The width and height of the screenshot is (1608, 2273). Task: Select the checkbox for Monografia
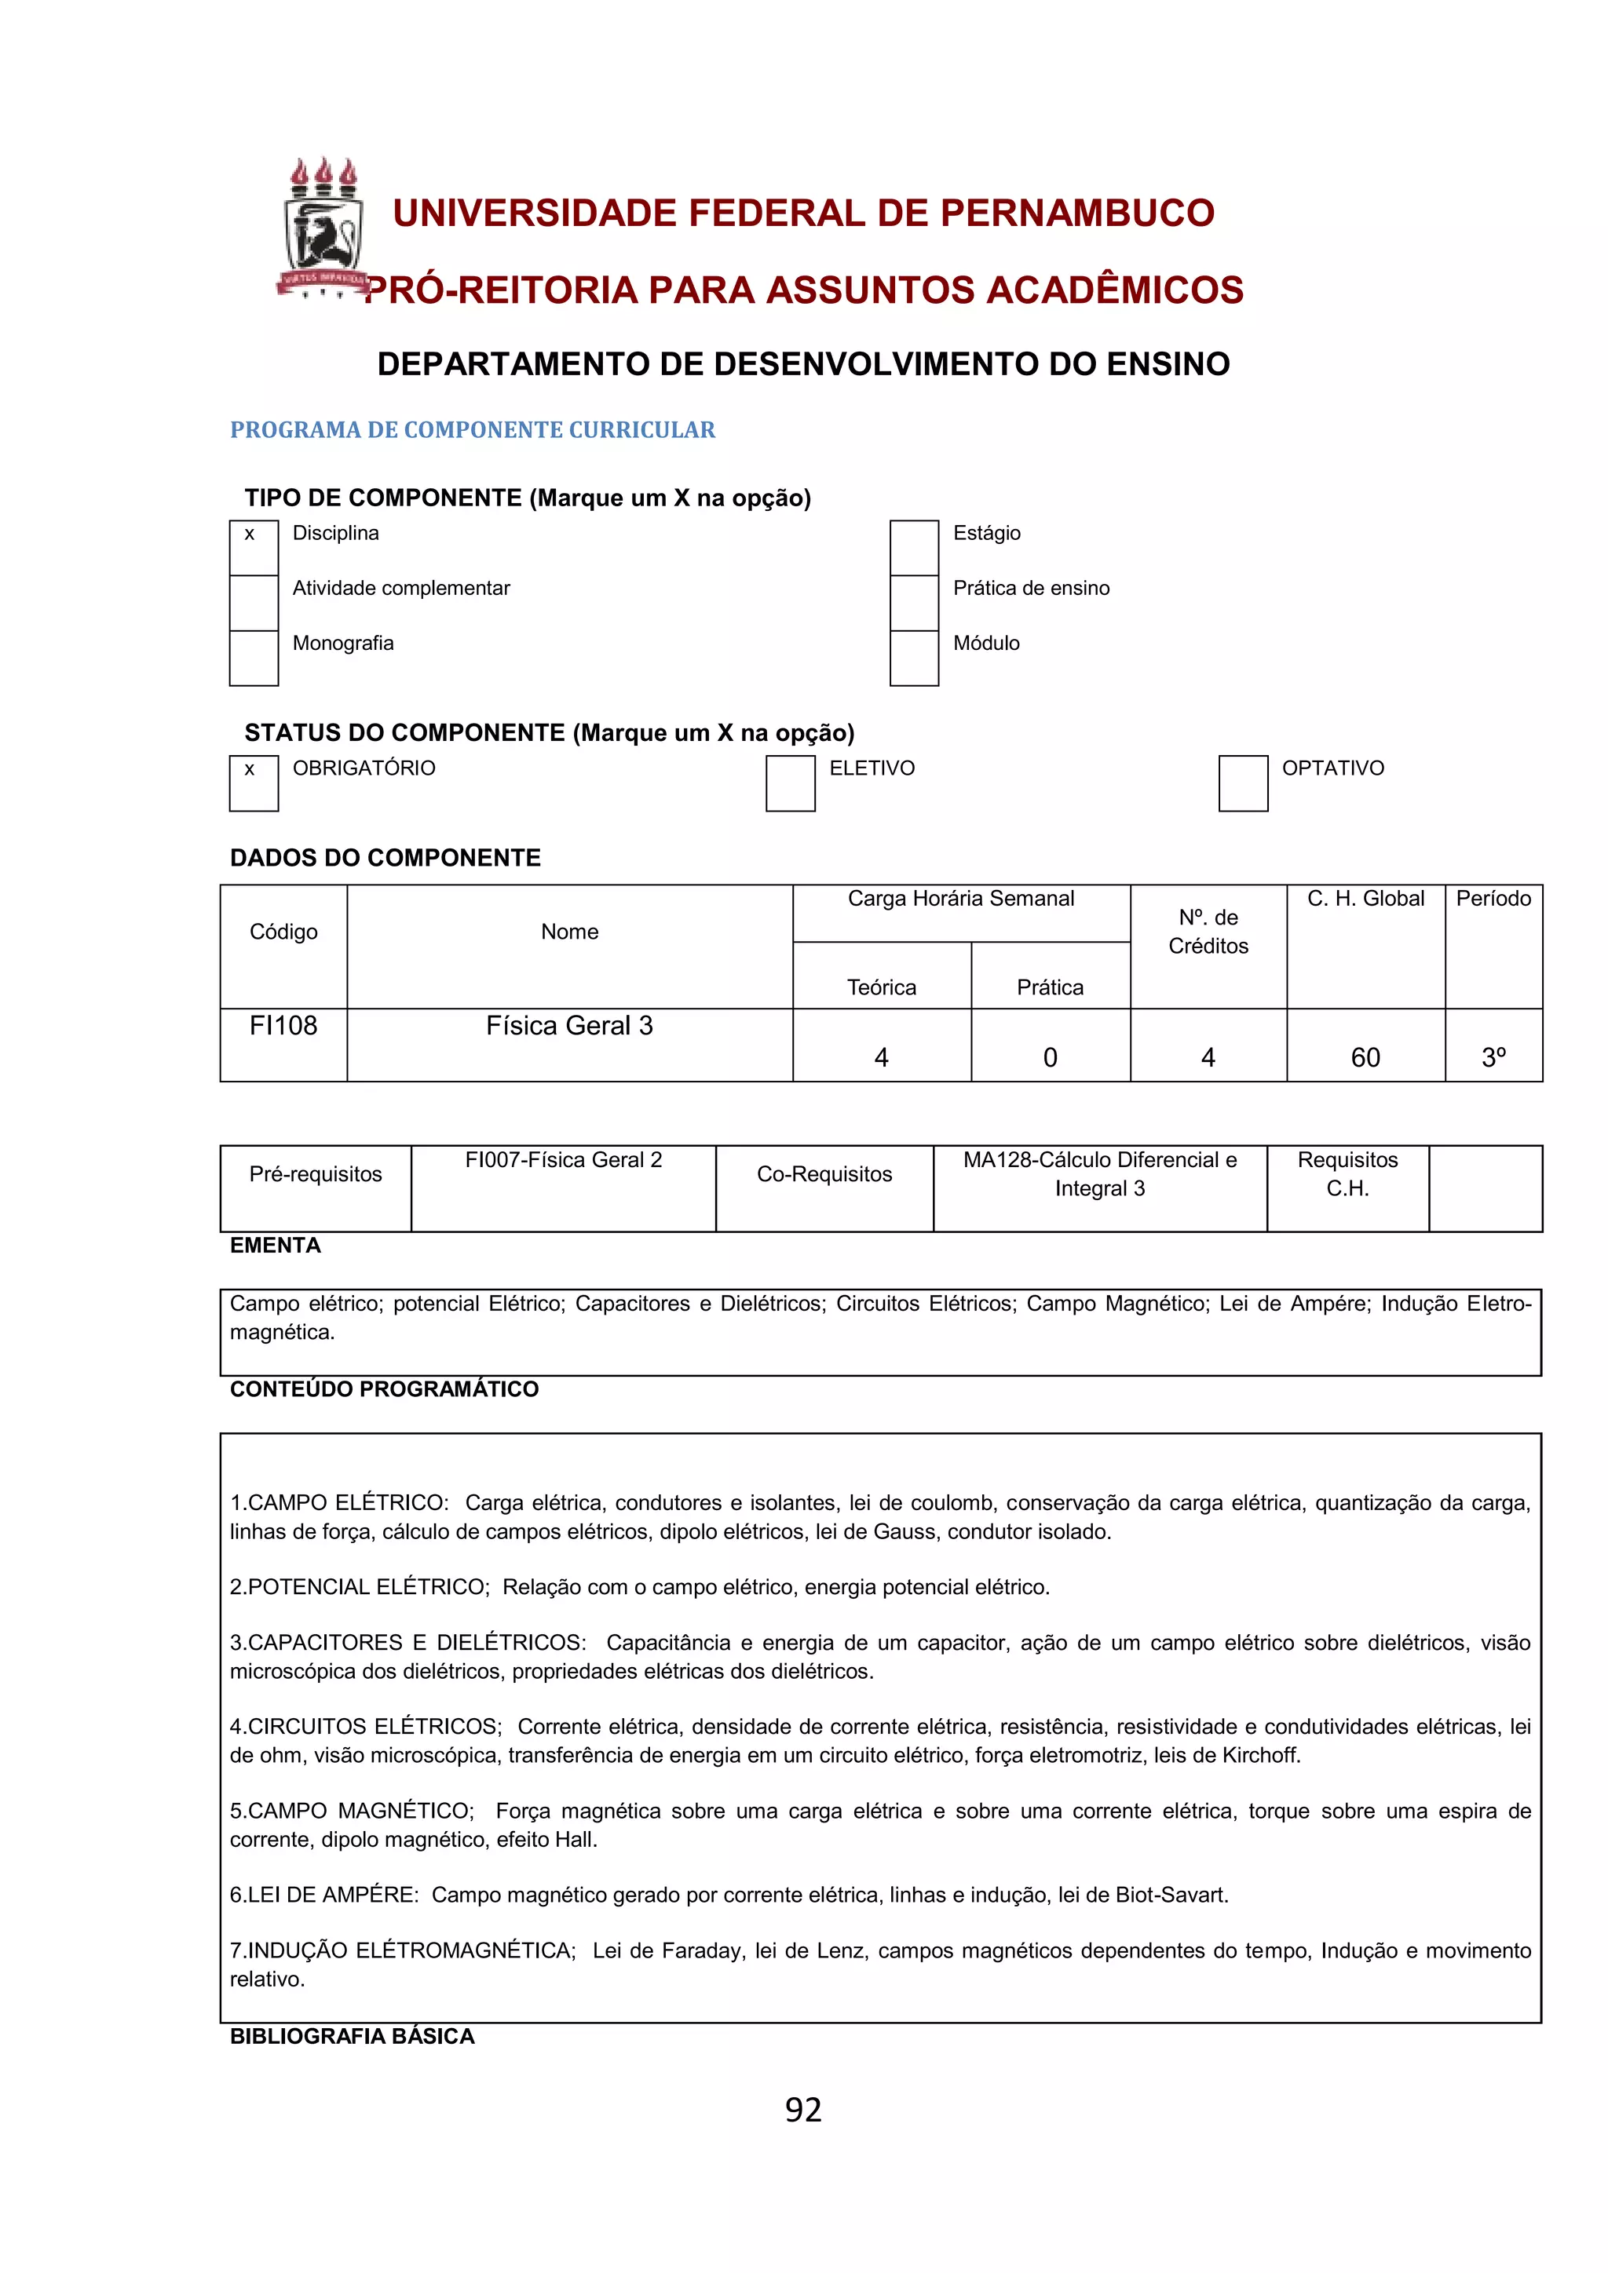tap(254, 658)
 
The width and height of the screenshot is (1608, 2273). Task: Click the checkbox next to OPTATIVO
tap(1243, 783)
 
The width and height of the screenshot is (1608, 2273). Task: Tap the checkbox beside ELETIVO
tap(789, 783)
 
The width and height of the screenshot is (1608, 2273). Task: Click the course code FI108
tap(283, 1026)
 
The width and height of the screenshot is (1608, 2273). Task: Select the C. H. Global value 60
tap(1365, 1057)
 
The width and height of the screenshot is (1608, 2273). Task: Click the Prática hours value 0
tap(1050, 1057)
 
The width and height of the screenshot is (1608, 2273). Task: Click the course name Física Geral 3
tap(569, 1026)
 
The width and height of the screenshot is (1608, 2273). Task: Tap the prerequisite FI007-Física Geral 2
tap(564, 1159)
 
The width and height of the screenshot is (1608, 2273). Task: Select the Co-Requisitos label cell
tap(824, 1174)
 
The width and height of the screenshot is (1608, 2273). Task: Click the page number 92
tap(803, 2110)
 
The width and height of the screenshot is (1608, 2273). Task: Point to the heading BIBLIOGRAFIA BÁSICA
tap(352, 2035)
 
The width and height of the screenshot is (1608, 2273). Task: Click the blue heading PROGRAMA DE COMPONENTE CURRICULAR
tap(473, 429)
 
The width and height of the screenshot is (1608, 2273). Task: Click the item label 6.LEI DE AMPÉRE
tap(323, 1895)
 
